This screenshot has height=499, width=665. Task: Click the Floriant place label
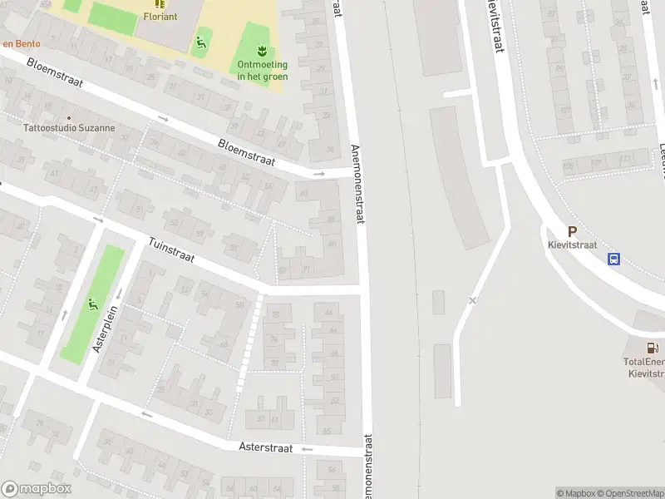[160, 16]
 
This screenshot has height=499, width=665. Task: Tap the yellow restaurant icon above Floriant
[160, 3]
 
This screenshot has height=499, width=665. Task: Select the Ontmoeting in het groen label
[263, 71]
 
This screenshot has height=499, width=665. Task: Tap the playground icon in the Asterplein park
[91, 304]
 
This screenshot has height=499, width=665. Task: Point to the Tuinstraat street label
[171, 250]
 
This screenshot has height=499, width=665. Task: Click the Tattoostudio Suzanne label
[69, 129]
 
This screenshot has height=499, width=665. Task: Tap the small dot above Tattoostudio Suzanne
[69, 118]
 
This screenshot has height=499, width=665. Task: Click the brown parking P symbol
[572, 232]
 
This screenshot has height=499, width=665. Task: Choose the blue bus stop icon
[614, 259]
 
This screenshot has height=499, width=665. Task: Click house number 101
[565, 109]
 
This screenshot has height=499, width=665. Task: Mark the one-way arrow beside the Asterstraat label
[306, 449]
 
